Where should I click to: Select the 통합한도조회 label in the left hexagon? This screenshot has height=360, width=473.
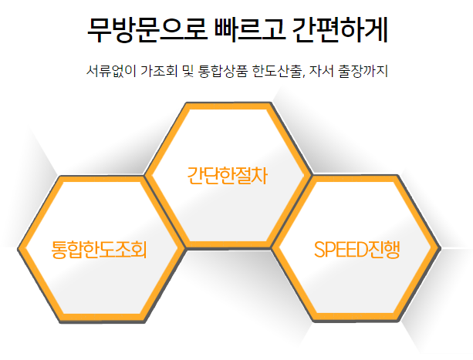tap(99, 249)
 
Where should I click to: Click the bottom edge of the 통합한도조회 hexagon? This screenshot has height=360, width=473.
tap(100, 317)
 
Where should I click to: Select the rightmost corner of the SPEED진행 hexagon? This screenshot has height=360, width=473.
tap(439, 248)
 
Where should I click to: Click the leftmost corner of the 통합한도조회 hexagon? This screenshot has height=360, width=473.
tap(18, 248)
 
